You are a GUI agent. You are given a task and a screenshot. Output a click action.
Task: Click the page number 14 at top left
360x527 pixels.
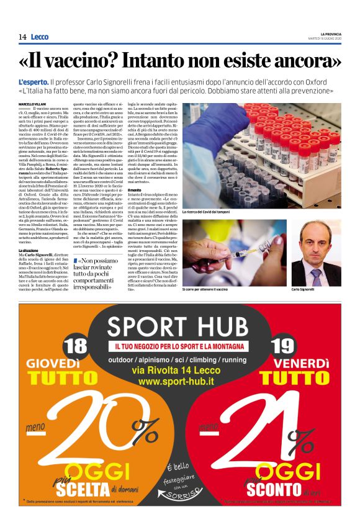pyautogui.click(x=22, y=37)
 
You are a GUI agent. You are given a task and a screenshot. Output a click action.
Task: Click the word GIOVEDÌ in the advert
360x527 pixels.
pyautogui.click(x=60, y=363)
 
